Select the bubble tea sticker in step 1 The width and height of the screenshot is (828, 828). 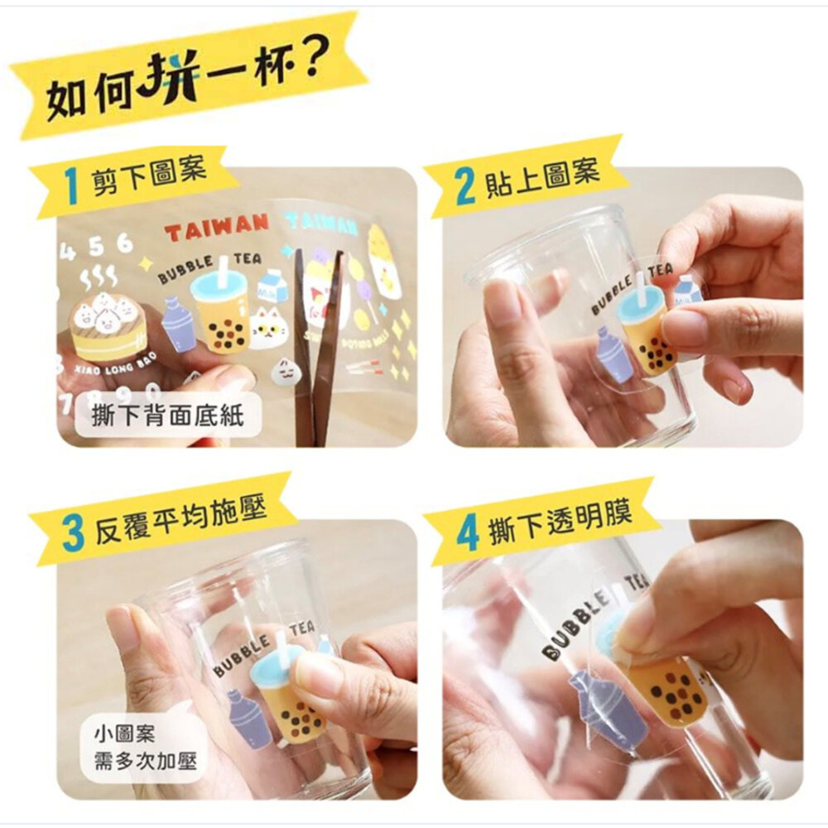pyautogui.click(x=221, y=306)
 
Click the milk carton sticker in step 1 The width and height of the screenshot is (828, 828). pyautogui.click(x=272, y=286)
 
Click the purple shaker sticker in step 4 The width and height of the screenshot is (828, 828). pyautogui.click(x=609, y=712)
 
